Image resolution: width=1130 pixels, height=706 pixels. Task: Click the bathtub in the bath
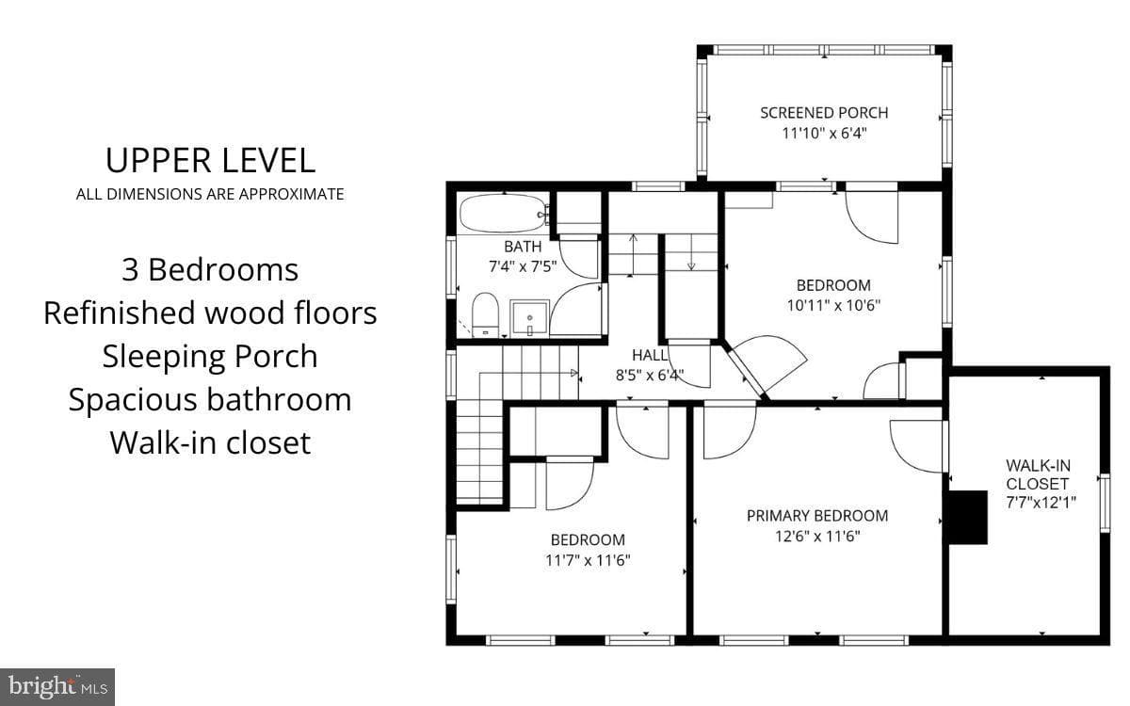[x=504, y=214]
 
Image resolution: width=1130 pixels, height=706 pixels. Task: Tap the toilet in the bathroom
[x=485, y=314]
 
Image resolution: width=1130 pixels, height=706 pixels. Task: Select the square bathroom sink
[x=529, y=318]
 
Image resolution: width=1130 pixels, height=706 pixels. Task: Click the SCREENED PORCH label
[x=824, y=113]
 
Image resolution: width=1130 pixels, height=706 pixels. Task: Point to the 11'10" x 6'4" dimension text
[x=824, y=134]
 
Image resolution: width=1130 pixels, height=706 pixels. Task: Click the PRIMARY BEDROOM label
[x=817, y=516]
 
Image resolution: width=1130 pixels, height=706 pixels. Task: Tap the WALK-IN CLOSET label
[x=1038, y=474]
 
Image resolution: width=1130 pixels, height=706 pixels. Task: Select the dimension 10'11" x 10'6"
[x=833, y=305]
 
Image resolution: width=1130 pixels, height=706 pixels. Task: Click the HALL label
[x=650, y=356]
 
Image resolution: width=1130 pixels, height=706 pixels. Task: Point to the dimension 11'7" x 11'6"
[x=588, y=560]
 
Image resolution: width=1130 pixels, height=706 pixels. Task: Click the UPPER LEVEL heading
[x=210, y=161]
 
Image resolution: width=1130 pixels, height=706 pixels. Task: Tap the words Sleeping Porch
[x=210, y=357]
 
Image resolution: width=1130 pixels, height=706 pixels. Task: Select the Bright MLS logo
[x=57, y=687]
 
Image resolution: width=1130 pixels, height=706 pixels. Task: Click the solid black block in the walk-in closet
[x=968, y=518]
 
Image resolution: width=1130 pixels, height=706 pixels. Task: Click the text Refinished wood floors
[x=210, y=313]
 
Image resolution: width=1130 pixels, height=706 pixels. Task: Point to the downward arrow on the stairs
[x=691, y=252]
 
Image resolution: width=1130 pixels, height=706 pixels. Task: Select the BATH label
[x=523, y=247]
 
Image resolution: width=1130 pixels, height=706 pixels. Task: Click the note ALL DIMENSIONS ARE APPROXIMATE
[x=210, y=194]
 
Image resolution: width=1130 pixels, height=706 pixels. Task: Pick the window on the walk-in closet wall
[x=1105, y=503]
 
